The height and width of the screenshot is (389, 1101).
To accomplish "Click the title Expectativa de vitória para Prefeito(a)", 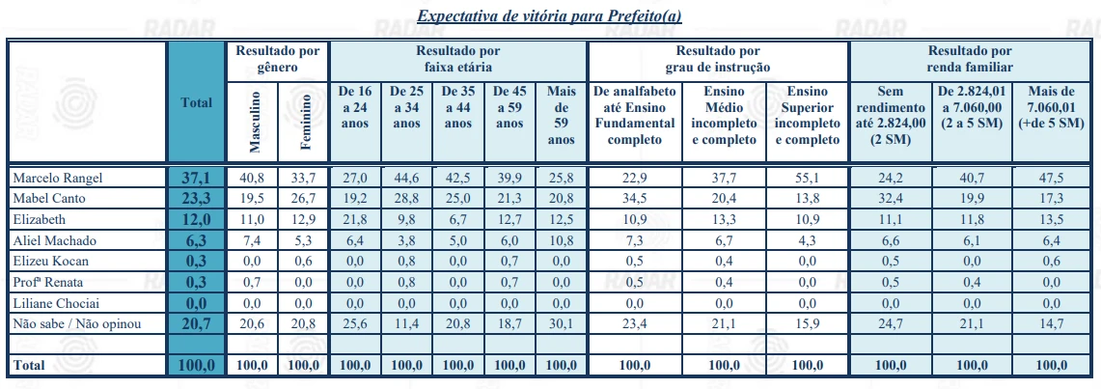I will tap(551, 17).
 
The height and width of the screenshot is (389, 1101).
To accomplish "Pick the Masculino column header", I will tap(255, 123).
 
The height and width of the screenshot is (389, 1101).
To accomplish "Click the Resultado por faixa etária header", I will tap(457, 59).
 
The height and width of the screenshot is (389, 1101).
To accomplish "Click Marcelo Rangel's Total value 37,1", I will tap(196, 178).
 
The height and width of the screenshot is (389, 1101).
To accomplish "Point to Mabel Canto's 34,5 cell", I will tap(634, 198).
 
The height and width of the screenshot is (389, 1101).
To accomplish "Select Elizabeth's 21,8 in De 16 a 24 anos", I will tap(355, 219).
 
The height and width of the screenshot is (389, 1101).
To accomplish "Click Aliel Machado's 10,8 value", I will tap(561, 239).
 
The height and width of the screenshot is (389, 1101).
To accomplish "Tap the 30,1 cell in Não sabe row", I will tap(561, 323).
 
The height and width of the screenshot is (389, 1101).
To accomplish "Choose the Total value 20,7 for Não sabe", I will tap(196, 323).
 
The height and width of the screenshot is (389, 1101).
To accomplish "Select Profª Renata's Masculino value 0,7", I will tap(255, 282).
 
